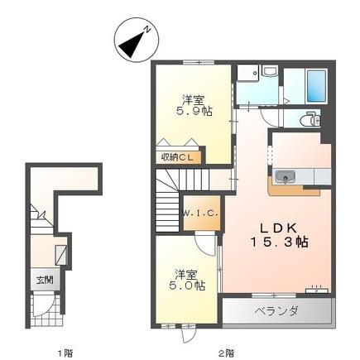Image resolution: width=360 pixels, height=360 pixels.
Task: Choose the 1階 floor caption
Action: [64, 352]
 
